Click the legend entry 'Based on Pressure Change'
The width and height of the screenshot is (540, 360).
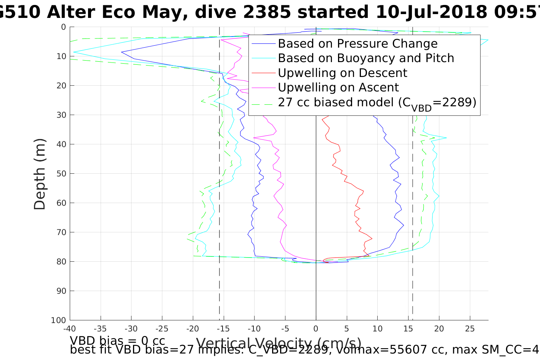pos(357,44)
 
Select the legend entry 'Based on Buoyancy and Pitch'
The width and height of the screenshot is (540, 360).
pos(366,58)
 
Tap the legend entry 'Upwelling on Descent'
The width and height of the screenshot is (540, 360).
pos(342,73)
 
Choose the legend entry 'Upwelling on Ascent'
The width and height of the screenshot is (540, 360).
pos(338,87)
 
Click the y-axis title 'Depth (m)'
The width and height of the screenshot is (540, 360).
pos(40,174)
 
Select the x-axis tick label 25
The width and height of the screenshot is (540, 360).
pos(470,328)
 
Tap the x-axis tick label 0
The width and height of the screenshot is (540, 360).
pos(316,328)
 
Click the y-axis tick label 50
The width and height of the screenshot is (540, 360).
pos(61,174)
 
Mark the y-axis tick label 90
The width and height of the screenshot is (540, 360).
pos(61,291)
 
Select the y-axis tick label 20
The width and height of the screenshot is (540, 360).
pos(61,86)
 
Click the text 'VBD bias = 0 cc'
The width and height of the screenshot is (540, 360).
pos(117,340)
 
